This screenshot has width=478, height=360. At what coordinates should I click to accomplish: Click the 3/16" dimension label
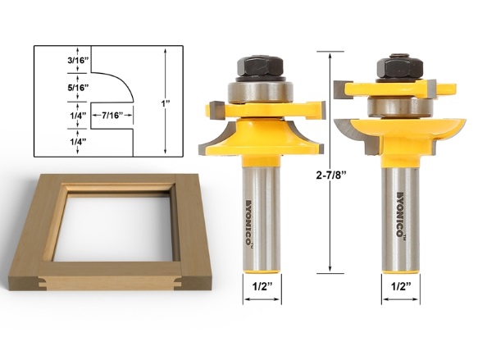coord(78,60)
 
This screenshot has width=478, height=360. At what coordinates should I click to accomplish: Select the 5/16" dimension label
coord(78,88)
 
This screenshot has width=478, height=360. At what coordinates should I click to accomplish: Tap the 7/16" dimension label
coord(112,116)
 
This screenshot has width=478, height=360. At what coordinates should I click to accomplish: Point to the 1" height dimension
coord(166,103)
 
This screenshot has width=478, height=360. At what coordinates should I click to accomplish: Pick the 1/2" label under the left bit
coord(262,286)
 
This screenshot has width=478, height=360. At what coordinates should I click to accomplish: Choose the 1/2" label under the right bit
coord(401,286)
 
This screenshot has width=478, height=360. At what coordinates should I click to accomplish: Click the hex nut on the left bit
coord(260,66)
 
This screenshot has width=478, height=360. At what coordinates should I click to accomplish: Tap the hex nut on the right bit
coord(399,67)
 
